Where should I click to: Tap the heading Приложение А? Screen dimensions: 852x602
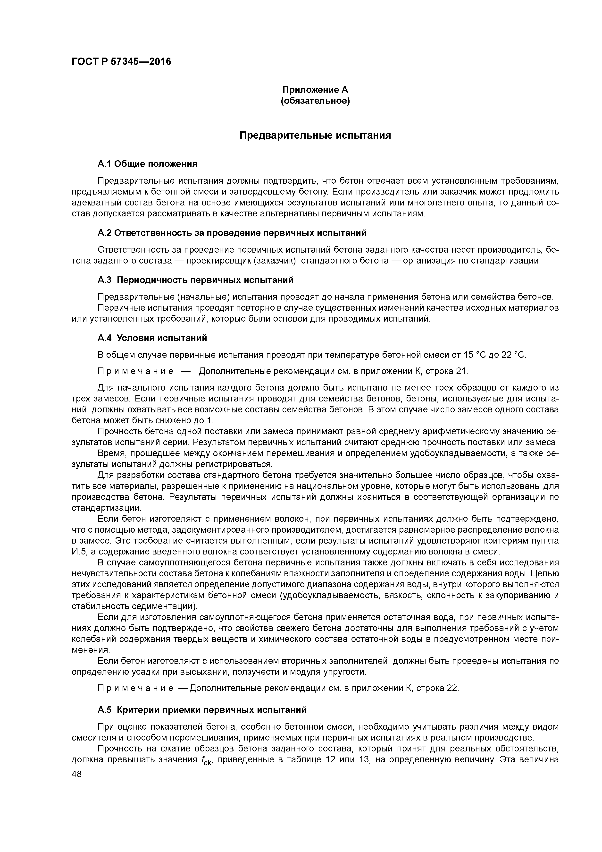(315, 90)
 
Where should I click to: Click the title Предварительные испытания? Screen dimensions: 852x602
(315, 136)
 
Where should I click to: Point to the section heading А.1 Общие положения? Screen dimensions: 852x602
(147, 164)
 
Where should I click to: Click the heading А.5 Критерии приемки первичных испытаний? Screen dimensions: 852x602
(202, 710)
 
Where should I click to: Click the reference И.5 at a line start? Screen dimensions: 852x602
(79, 551)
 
